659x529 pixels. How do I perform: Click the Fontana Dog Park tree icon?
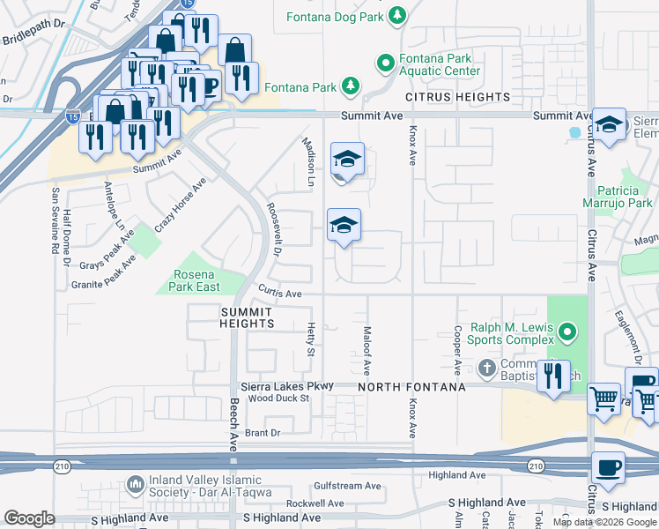click(x=398, y=15)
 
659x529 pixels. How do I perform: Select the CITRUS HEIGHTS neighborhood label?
click(x=457, y=96)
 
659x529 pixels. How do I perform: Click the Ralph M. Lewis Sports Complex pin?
click(x=567, y=333)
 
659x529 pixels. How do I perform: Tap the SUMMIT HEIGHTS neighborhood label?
click(x=248, y=318)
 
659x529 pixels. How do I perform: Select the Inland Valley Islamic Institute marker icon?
click(x=135, y=484)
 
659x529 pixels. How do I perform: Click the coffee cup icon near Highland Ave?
click(x=608, y=466)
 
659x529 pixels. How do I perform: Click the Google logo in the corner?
click(x=29, y=518)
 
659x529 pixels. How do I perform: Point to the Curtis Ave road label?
click(x=280, y=294)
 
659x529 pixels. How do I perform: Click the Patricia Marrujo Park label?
click(x=625, y=197)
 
